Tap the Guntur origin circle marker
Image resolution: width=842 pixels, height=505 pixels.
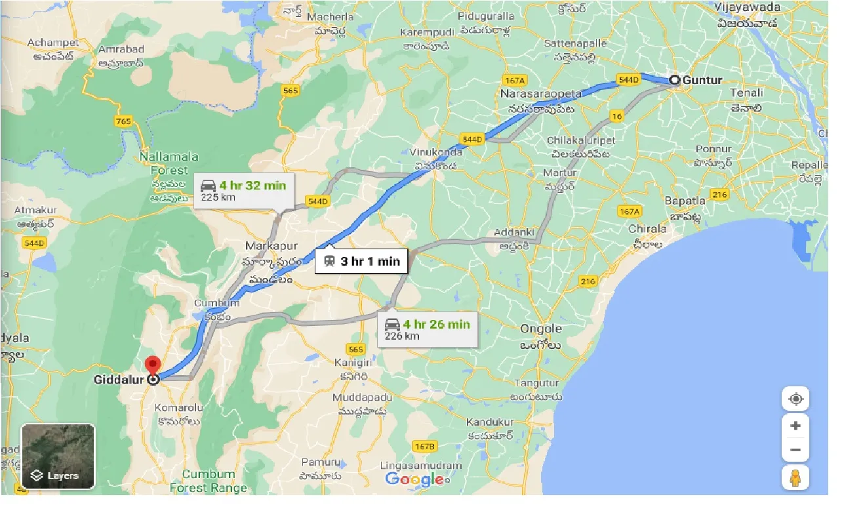click(x=674, y=80)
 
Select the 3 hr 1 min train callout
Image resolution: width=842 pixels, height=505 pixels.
click(x=361, y=261)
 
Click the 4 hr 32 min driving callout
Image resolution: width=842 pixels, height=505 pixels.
click(x=245, y=190)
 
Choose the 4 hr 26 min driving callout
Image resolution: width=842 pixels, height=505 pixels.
click(x=428, y=329)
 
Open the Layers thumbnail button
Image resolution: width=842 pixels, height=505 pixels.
click(x=58, y=456)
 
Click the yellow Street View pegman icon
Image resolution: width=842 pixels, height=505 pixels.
click(x=795, y=477)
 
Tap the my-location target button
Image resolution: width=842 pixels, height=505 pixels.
click(x=795, y=399)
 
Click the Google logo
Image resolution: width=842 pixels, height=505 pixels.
click(x=415, y=479)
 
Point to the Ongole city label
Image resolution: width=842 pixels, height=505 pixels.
click(x=541, y=329)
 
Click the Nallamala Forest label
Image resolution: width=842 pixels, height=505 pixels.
click(x=163, y=164)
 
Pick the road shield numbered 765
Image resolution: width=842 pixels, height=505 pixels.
click(x=123, y=121)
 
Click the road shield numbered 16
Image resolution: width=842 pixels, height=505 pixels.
click(x=616, y=116)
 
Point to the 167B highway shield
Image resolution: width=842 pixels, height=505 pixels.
click(x=424, y=447)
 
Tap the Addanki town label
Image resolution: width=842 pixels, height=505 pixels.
click(x=515, y=233)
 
